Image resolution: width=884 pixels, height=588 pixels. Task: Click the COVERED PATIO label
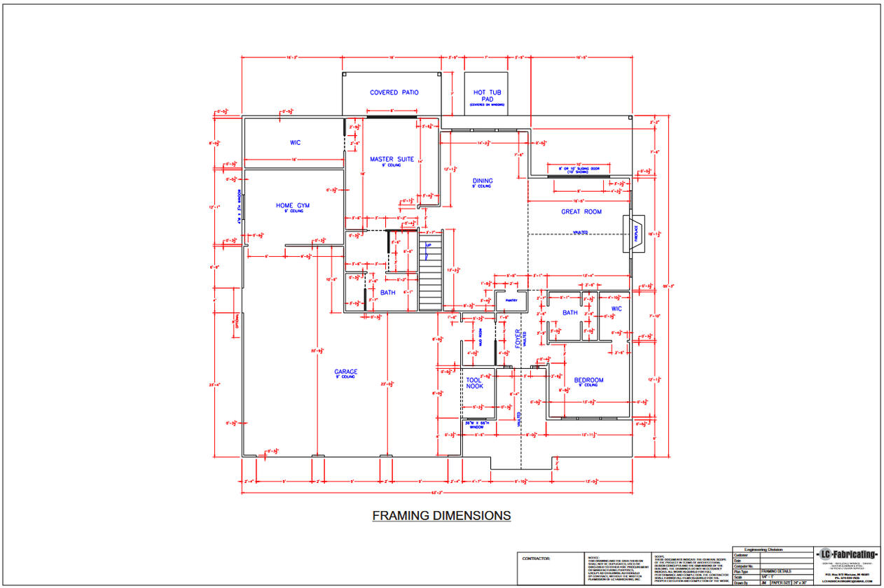(394, 92)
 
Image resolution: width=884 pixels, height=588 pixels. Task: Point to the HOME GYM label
(292, 206)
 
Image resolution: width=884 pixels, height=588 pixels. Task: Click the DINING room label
(482, 181)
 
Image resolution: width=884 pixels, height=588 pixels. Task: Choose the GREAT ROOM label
(581, 211)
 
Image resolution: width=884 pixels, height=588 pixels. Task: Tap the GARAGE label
(346, 372)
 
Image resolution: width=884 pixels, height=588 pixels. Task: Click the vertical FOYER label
(518, 339)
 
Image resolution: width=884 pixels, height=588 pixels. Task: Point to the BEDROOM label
(588, 380)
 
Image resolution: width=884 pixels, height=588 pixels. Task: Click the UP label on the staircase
(427, 246)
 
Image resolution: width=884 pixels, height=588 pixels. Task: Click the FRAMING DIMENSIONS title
(441, 516)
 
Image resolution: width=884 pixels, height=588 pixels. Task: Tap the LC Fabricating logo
(847, 555)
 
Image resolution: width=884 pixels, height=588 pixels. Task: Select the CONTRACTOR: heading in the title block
(537, 559)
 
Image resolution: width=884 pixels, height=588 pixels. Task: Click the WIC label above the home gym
(295, 143)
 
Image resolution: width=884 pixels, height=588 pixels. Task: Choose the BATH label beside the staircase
(387, 293)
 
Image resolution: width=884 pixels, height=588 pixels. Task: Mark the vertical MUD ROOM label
(481, 337)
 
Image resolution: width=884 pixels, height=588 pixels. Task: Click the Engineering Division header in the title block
(764, 550)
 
